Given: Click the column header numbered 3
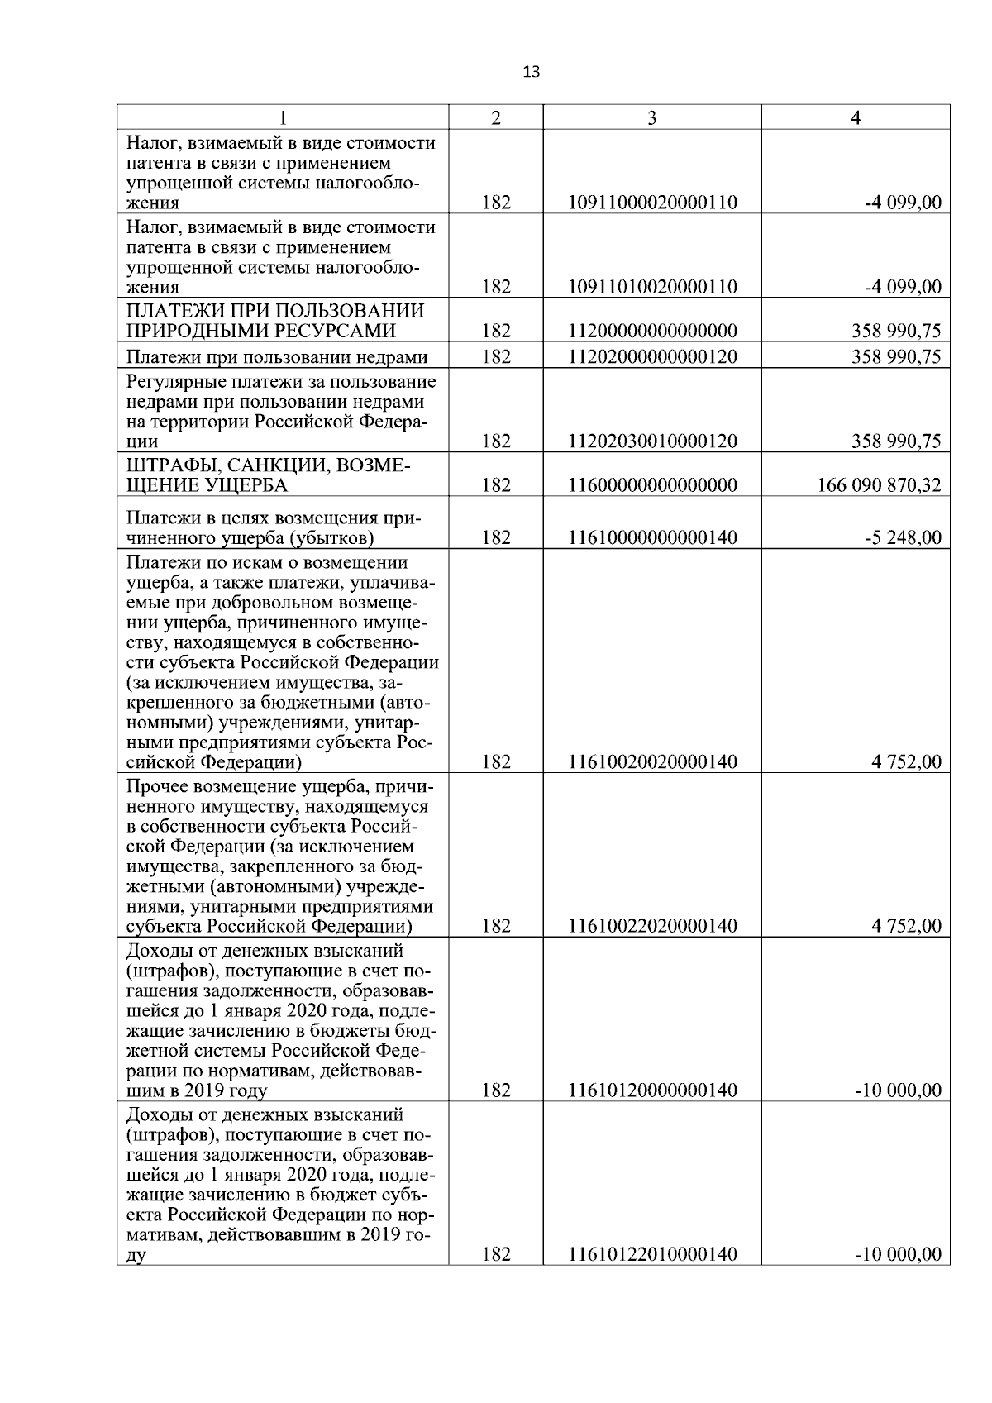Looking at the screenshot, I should pyautogui.click(x=651, y=118).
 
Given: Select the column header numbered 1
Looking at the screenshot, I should pyautogui.click(x=283, y=118).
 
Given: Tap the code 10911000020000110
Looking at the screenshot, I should pyautogui.click(x=651, y=203).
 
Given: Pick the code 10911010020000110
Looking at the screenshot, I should pyautogui.click(x=651, y=288).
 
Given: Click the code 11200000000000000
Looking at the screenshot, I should pyautogui.click(x=651, y=332).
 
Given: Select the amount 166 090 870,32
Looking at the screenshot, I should pyautogui.click(x=879, y=485).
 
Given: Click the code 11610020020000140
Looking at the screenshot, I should pyautogui.click(x=651, y=762).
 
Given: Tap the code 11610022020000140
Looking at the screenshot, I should pyautogui.click(x=651, y=926).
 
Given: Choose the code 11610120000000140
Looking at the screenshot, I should pyautogui.click(x=651, y=1090).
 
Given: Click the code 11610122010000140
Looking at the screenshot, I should pyautogui.click(x=651, y=1255).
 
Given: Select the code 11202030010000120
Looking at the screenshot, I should pyautogui.click(x=651, y=441).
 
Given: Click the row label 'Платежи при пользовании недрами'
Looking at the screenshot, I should pyautogui.click(x=277, y=357).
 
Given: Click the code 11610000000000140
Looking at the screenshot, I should pyautogui.click(x=651, y=538).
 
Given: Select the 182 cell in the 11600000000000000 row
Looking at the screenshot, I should pyautogui.click(x=495, y=485).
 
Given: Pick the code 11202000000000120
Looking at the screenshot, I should pyautogui.click(x=651, y=357).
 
